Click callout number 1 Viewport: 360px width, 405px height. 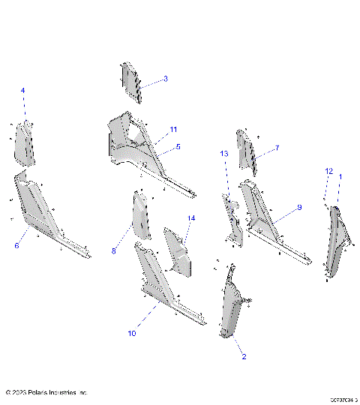340,176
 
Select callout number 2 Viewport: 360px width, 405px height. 243,357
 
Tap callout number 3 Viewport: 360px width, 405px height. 165,78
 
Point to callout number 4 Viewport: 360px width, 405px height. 22,91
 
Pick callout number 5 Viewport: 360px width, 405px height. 178,147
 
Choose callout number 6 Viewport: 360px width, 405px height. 16,245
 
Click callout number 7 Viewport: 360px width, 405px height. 276,148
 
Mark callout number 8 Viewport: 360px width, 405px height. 114,251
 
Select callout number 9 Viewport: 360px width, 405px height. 298,206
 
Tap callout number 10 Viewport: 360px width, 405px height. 132,332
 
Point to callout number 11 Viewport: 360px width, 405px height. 173,129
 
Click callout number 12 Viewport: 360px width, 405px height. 328,172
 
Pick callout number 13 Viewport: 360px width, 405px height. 223,154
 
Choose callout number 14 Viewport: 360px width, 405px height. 191,218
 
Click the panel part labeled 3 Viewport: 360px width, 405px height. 130,82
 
